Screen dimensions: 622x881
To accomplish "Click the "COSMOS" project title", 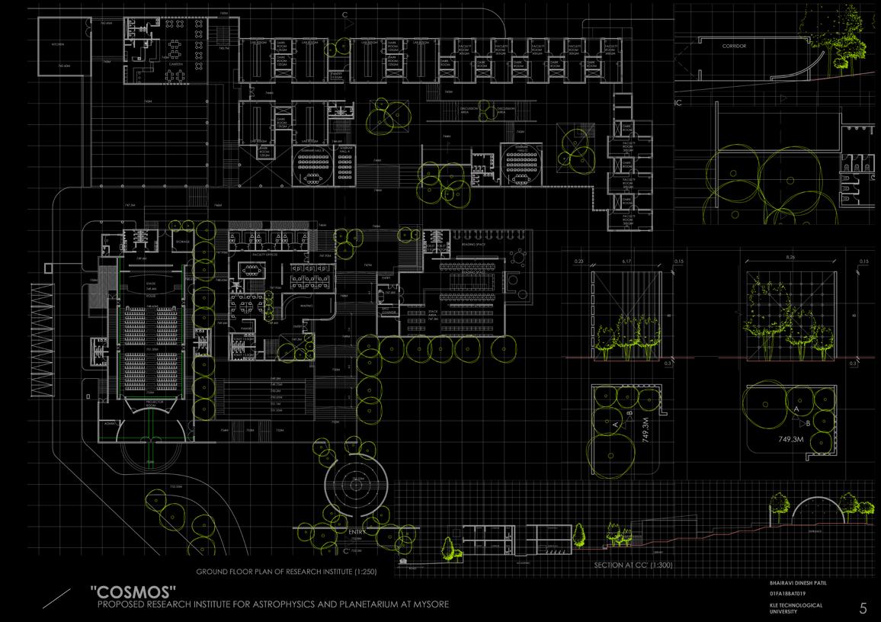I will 133,592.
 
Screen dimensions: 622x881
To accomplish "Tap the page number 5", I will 863,608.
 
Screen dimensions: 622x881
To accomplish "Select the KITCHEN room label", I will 58,46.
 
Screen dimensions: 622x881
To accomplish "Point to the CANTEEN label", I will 173,63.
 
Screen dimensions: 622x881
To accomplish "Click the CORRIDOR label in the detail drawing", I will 734,46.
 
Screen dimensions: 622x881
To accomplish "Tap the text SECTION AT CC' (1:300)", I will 637,566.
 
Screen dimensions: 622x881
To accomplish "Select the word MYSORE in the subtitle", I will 430,604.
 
